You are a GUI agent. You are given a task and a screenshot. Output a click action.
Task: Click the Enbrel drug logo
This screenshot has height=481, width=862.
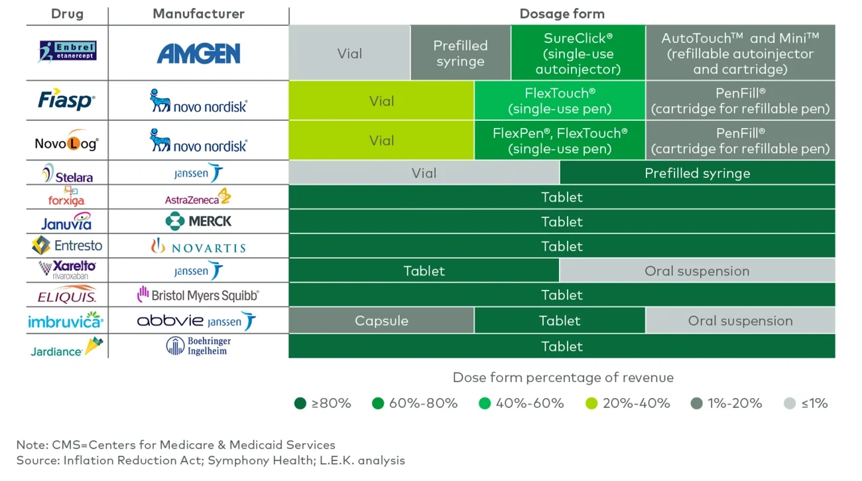(x=68, y=52)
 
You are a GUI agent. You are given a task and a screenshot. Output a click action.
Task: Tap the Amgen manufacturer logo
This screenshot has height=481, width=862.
(x=198, y=53)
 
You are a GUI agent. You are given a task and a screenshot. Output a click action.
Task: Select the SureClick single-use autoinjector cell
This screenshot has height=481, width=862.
(x=578, y=53)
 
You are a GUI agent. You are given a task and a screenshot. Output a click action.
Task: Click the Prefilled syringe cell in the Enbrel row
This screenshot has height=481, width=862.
(x=460, y=53)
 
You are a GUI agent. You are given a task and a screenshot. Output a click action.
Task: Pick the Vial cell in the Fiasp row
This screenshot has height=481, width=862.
(x=381, y=101)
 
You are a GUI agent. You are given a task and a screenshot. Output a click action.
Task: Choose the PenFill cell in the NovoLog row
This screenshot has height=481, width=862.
(x=740, y=141)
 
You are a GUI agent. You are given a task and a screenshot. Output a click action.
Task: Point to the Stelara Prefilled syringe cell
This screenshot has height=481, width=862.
(x=697, y=173)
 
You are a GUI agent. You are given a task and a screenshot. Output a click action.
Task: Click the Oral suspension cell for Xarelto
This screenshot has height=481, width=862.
(x=697, y=271)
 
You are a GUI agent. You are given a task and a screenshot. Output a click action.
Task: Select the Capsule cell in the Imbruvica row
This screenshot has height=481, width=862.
(x=381, y=320)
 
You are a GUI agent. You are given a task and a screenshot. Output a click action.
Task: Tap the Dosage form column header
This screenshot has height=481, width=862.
(x=562, y=14)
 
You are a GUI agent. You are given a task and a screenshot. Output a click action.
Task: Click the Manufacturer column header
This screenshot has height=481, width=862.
(x=198, y=14)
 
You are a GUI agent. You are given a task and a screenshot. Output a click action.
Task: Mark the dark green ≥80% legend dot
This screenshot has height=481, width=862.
(x=300, y=403)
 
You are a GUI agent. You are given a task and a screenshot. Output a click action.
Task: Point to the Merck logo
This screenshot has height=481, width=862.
(x=198, y=221)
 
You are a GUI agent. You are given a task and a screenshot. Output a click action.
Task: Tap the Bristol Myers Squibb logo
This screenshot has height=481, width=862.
(x=198, y=295)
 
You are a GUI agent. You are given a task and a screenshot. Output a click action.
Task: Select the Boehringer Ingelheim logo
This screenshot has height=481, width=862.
(x=198, y=346)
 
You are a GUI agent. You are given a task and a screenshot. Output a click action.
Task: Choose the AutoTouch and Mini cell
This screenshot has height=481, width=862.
(x=740, y=53)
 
